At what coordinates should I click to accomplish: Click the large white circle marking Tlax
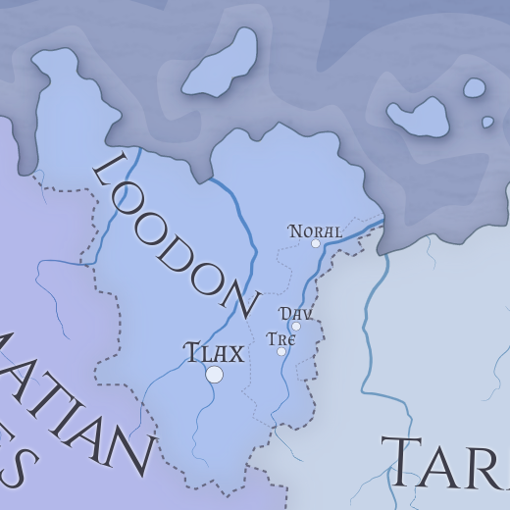pyautogui.click(x=214, y=374)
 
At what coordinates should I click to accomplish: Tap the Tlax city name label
pyautogui.click(x=214, y=352)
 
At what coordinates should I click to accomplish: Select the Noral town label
pyautogui.click(x=315, y=231)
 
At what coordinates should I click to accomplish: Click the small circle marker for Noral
pyautogui.click(x=316, y=243)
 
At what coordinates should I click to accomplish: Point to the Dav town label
pyautogui.click(x=295, y=314)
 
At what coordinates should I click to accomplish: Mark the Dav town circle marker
pyautogui.click(x=296, y=327)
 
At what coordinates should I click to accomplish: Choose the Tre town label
pyautogui.click(x=280, y=339)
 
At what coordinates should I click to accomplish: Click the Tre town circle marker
pyautogui.click(x=281, y=351)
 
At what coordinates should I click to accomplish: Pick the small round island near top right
pyautogui.click(x=475, y=88)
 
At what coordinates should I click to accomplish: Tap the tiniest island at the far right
pyautogui.click(x=487, y=123)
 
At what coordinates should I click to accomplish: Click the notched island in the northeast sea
pyautogui.click(x=419, y=116)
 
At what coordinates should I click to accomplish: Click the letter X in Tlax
pyautogui.click(x=235, y=352)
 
